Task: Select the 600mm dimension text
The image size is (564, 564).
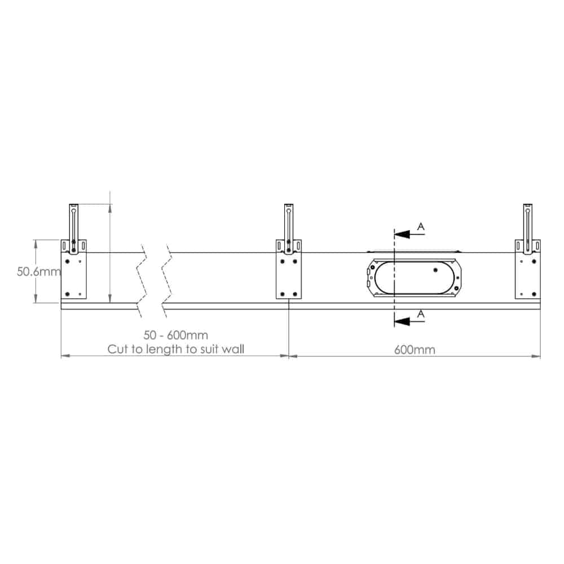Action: point(414,350)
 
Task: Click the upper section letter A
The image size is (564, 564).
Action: point(420,226)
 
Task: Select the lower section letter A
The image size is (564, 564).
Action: point(420,313)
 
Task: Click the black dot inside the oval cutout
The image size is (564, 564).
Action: point(435,270)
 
